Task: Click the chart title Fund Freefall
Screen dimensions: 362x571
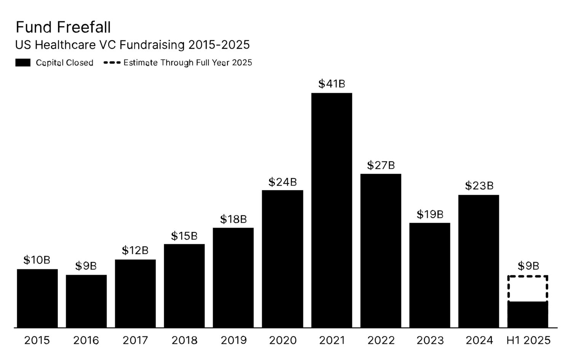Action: click(63, 27)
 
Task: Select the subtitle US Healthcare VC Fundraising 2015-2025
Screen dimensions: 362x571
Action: click(132, 45)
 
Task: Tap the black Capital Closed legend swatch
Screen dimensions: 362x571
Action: click(23, 63)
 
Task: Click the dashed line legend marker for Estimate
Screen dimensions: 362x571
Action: click(112, 62)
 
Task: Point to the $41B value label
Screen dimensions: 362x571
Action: click(332, 84)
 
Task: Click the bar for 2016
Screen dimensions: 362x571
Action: click(86, 301)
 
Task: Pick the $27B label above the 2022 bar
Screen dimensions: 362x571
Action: click(381, 165)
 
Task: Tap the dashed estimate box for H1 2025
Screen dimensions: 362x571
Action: click(528, 288)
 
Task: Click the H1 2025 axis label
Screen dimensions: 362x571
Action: click(528, 340)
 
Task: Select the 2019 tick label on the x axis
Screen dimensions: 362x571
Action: click(233, 340)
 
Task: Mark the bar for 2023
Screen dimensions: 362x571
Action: click(430, 275)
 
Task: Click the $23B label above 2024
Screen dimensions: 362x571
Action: click(479, 186)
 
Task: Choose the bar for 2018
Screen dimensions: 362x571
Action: click(184, 286)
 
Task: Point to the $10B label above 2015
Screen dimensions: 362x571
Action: click(37, 260)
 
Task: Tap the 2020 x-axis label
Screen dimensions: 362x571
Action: click(282, 340)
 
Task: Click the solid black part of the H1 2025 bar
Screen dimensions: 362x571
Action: click(528, 314)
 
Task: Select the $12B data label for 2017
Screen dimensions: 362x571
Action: click(135, 250)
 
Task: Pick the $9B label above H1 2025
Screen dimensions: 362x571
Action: click(528, 266)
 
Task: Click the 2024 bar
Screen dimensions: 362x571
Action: click(478, 261)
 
